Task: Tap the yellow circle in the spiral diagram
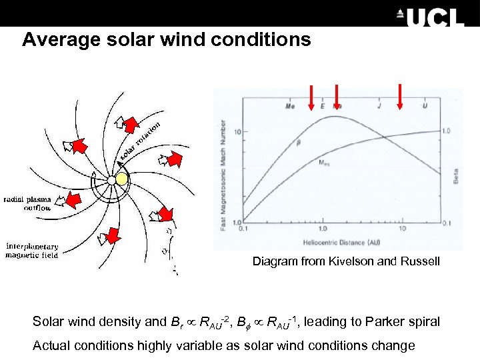(121, 179)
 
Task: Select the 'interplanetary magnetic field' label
(33, 251)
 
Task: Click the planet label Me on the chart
(290, 106)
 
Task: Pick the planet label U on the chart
(425, 106)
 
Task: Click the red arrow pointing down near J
(400, 96)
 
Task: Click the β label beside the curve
(298, 141)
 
